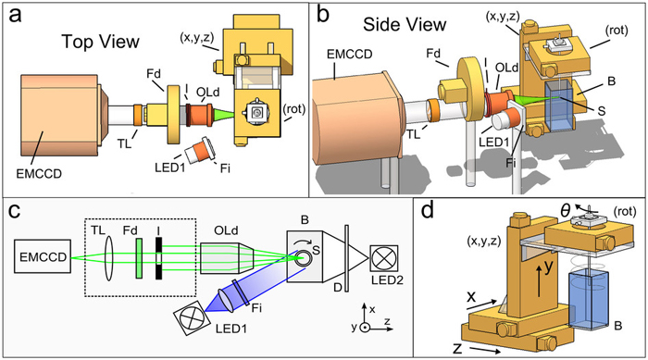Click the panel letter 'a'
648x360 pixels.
point(15,17)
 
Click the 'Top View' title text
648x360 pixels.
point(100,42)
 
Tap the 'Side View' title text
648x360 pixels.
point(405,24)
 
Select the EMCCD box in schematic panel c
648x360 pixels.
point(43,256)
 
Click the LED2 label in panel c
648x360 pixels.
point(387,279)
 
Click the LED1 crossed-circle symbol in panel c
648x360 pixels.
point(190,317)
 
